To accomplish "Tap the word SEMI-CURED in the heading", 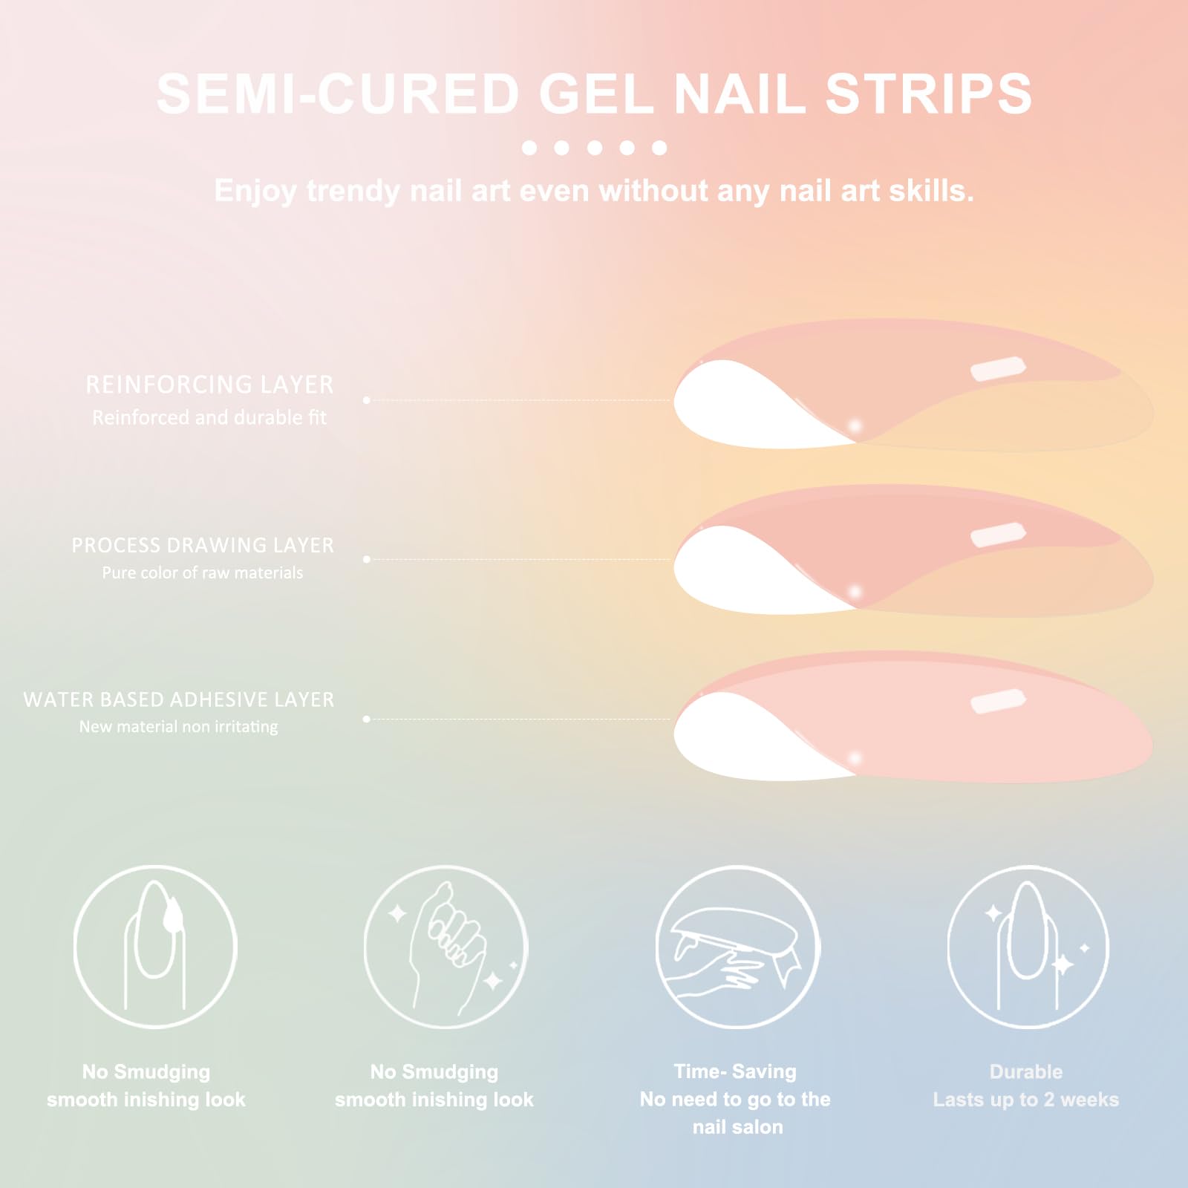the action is [x=338, y=94].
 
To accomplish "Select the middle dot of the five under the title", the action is [x=594, y=148].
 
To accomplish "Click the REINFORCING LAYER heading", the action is [x=209, y=385].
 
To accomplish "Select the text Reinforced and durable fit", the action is [x=209, y=417].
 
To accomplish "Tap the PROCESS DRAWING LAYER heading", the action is [x=203, y=545].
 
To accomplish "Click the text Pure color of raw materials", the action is [x=203, y=572].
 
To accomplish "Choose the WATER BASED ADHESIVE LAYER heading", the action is [x=179, y=699].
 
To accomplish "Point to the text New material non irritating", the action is [x=179, y=726].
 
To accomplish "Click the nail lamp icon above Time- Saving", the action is [x=737, y=947].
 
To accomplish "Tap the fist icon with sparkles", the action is [x=446, y=947].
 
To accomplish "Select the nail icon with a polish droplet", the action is [x=155, y=947].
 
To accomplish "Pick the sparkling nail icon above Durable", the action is [x=1028, y=947].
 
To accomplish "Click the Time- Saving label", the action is [x=735, y=1071].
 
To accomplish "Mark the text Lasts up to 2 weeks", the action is [x=1026, y=1100].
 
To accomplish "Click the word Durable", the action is [x=1026, y=1071].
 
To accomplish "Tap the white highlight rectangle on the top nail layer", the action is [x=999, y=369].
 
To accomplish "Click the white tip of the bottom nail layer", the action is [x=750, y=735].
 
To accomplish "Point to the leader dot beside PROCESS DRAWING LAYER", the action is [x=367, y=559].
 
